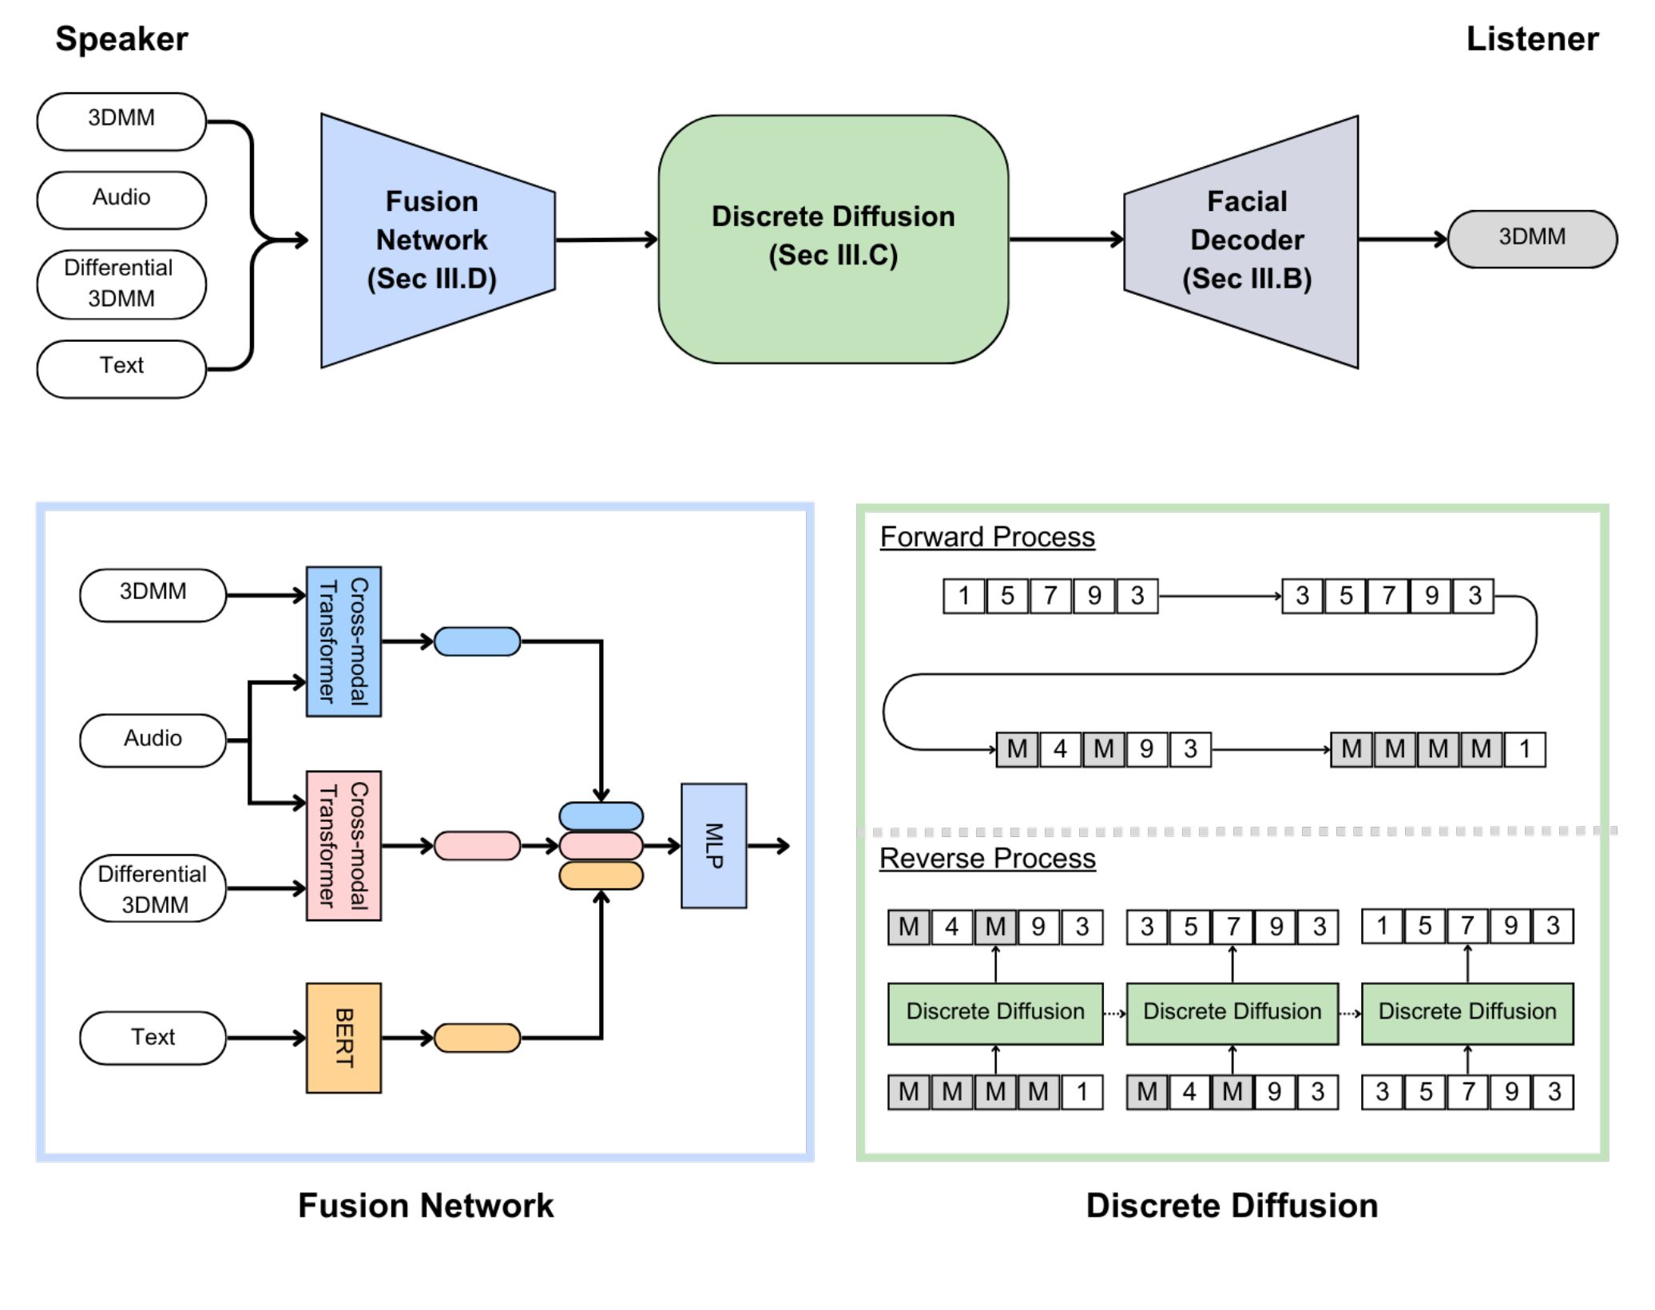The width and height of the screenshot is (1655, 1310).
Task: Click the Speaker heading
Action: pyautogui.click(x=121, y=39)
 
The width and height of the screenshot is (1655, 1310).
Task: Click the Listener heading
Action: pyautogui.click(x=1531, y=39)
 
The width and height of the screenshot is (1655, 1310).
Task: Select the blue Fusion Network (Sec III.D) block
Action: pyautogui.click(x=432, y=240)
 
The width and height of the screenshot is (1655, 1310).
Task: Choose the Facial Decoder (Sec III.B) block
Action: pyautogui.click(x=1247, y=240)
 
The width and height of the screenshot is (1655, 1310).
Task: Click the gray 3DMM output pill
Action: pyautogui.click(x=1531, y=238)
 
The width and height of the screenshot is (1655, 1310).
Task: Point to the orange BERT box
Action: pyautogui.click(x=343, y=1038)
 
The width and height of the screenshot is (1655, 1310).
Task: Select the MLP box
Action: pyautogui.click(x=713, y=846)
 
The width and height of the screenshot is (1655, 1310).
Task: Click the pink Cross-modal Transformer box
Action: pyautogui.click(x=343, y=846)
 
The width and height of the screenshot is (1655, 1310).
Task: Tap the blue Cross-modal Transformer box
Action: pyautogui.click(x=343, y=641)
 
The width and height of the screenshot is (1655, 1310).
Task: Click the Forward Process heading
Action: pyautogui.click(x=987, y=537)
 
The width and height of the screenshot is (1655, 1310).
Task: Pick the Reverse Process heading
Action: pyautogui.click(x=987, y=858)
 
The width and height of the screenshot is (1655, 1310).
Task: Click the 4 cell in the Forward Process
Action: pyautogui.click(x=1060, y=749)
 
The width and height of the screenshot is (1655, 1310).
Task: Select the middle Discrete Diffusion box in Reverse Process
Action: pyautogui.click(x=1232, y=1013)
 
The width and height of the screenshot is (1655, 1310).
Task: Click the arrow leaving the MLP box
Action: pyautogui.click(x=768, y=846)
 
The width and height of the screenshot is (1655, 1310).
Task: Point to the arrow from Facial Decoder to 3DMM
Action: pyautogui.click(x=1402, y=238)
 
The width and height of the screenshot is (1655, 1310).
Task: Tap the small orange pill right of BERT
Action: pyautogui.click(x=477, y=1038)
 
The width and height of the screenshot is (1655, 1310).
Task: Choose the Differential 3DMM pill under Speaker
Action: pyautogui.click(x=121, y=284)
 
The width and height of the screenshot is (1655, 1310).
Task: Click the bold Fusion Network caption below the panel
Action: pyautogui.click(x=426, y=1205)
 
